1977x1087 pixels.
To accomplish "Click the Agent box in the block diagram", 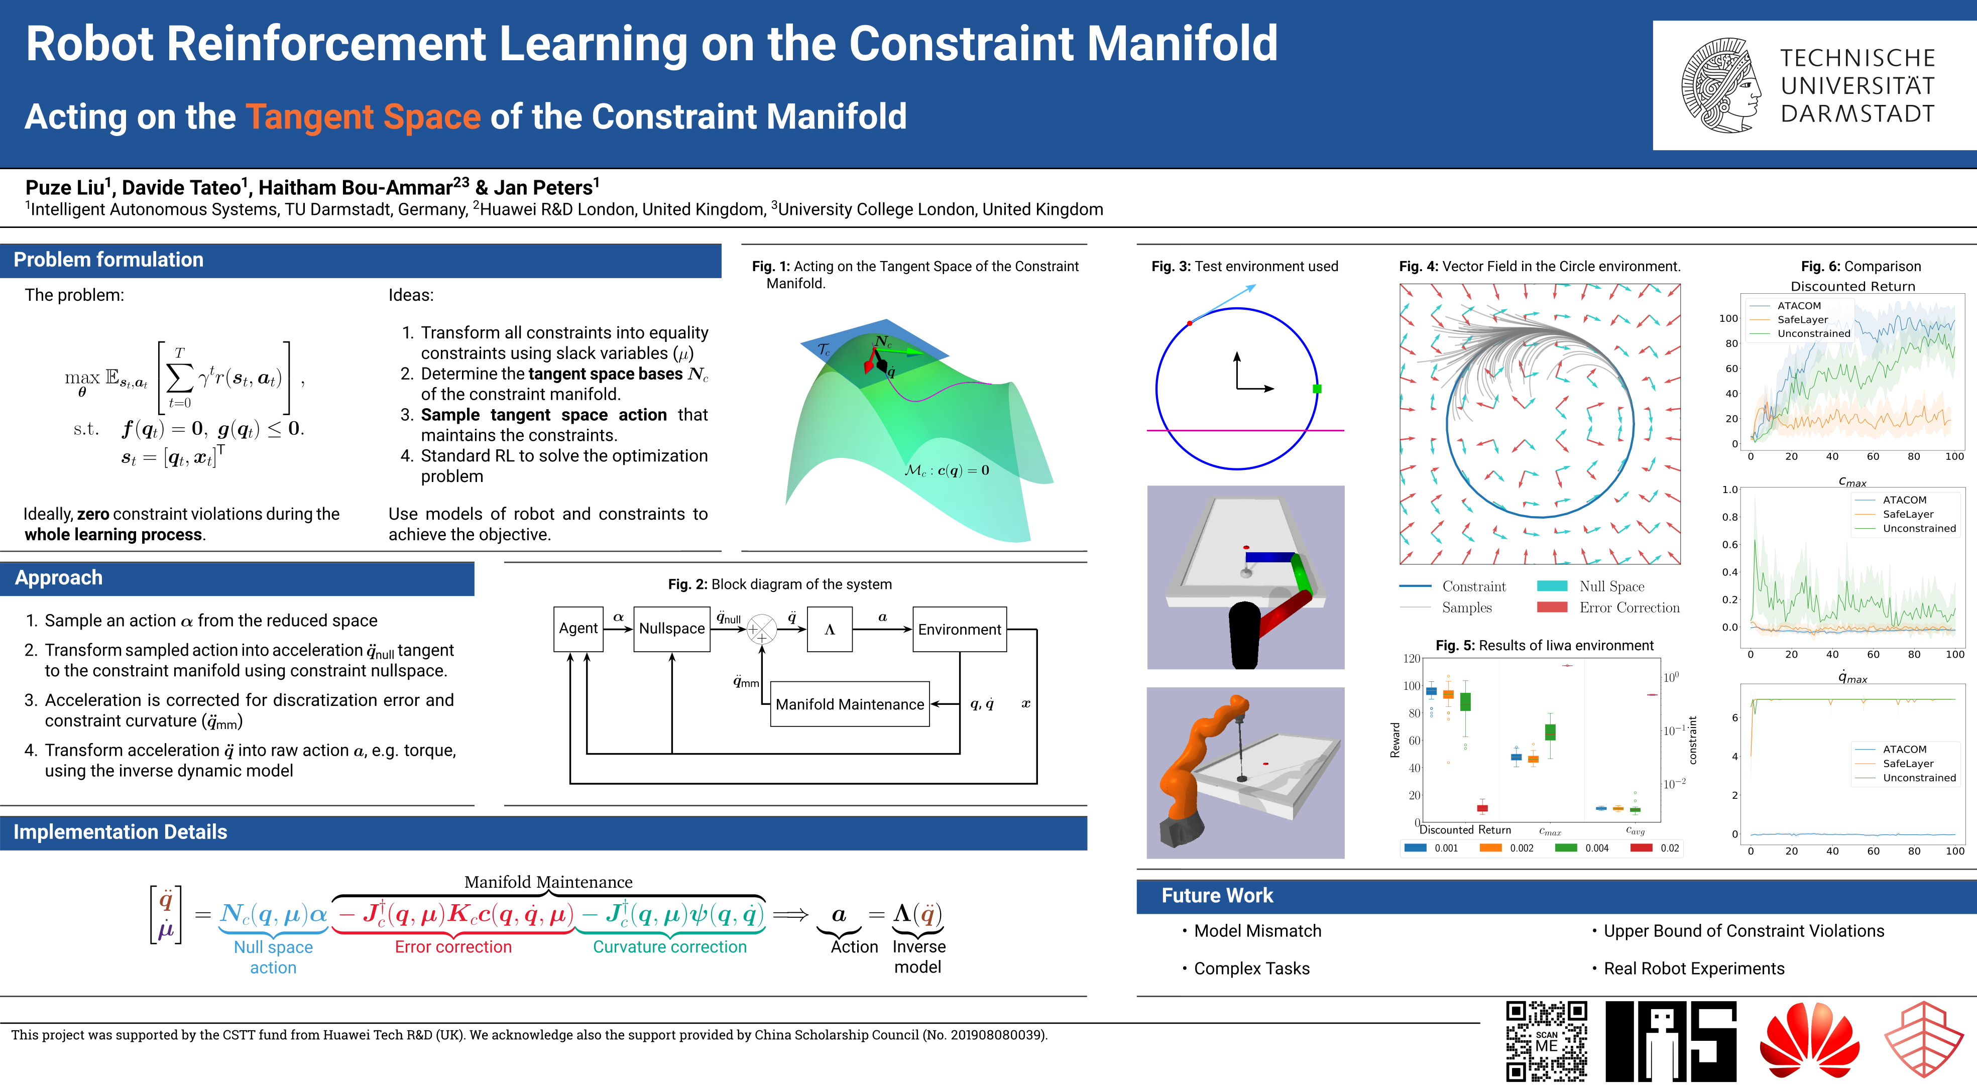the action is [x=578, y=629].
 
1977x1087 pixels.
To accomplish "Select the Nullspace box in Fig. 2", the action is [x=671, y=629].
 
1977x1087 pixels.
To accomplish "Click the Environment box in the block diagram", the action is [x=959, y=629].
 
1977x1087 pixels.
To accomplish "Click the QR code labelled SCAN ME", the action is [x=1547, y=1041].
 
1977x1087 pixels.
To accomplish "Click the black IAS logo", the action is [x=1671, y=1041].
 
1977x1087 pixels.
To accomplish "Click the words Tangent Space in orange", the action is [x=363, y=116].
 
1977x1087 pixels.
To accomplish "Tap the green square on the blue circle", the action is [x=1317, y=389].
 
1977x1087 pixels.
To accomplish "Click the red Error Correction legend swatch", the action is [x=1552, y=608].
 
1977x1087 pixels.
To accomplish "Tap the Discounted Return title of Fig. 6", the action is [x=1852, y=286].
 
